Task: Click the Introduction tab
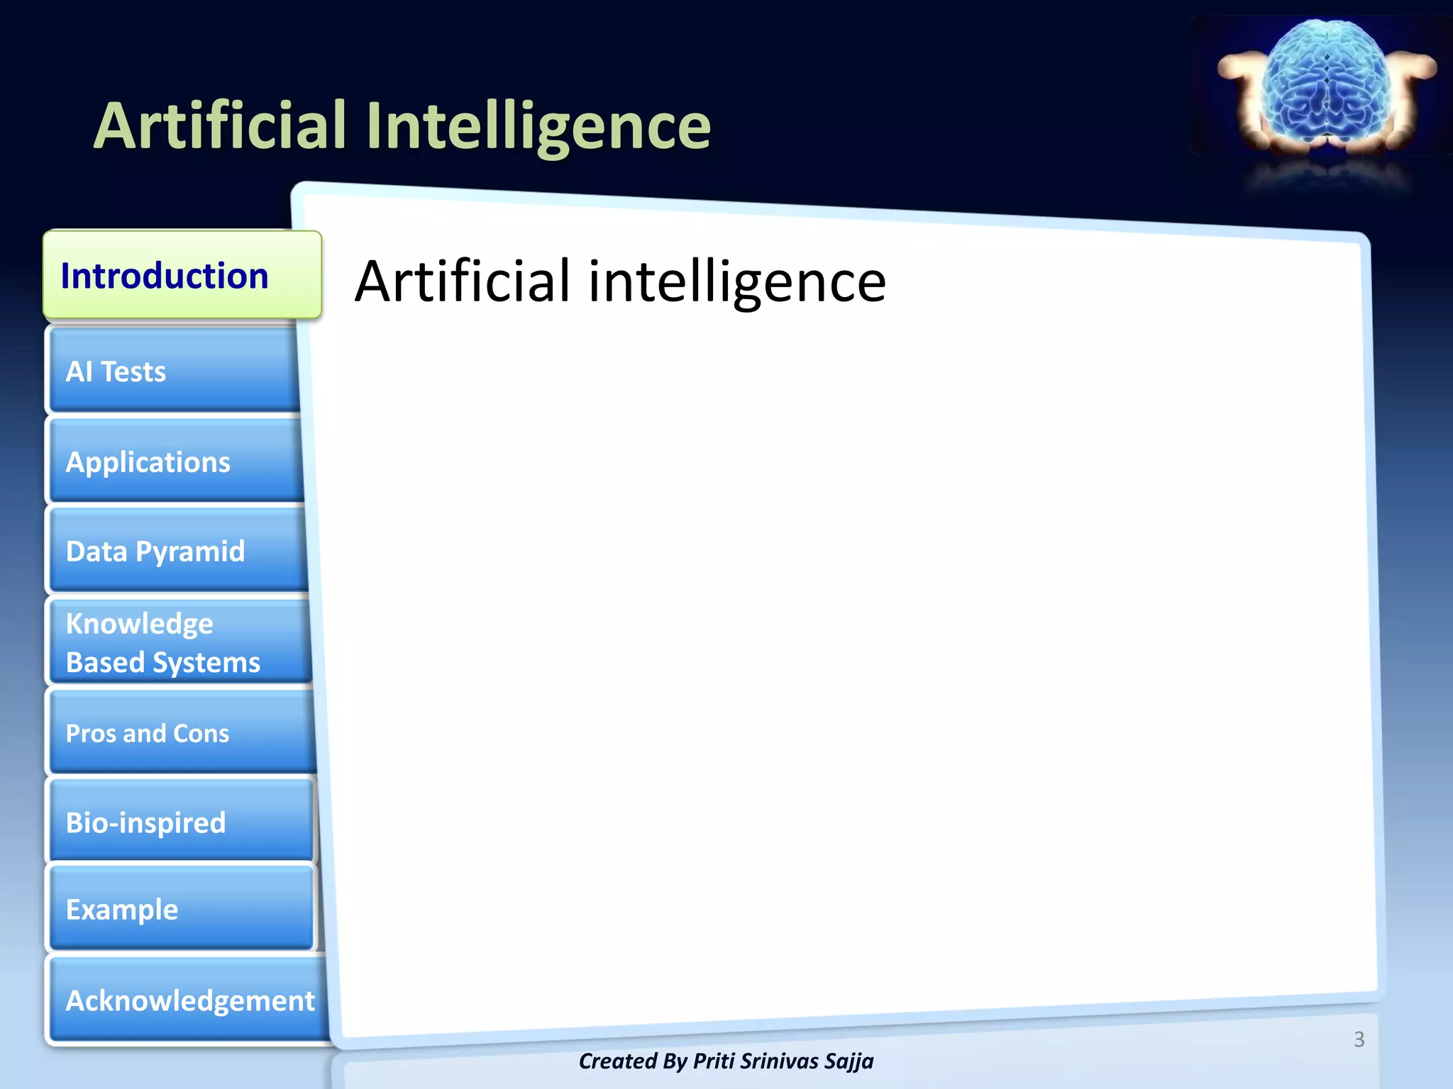coord(182,275)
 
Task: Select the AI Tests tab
coord(174,371)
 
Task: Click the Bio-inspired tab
coord(182,822)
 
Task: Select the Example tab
coord(182,909)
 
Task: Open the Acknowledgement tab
coord(189,1000)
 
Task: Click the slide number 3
coord(1359,1039)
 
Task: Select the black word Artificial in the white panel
coord(463,281)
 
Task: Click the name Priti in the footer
coord(717,1061)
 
